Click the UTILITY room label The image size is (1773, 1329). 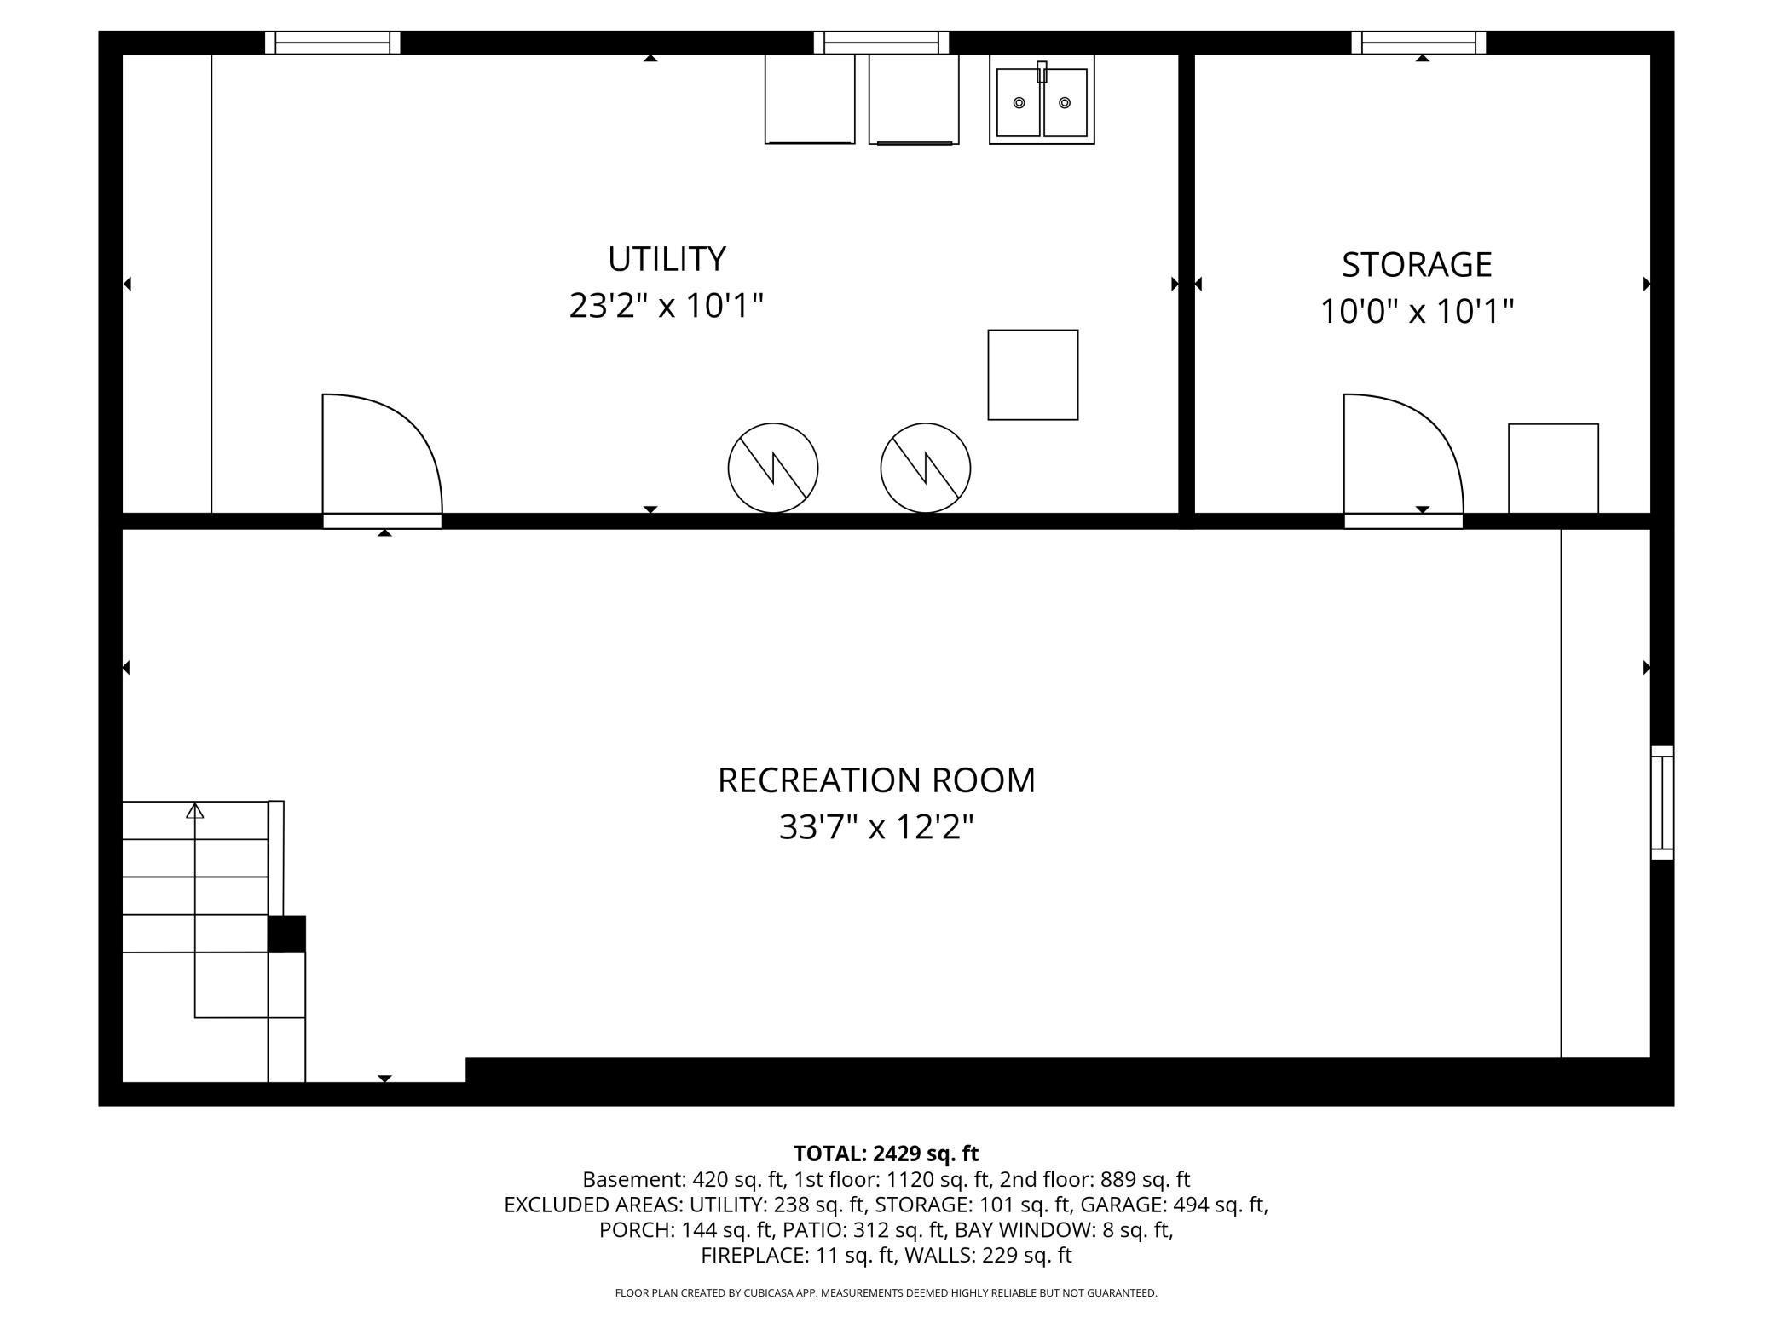click(x=667, y=258)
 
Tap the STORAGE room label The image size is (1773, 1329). click(x=1417, y=265)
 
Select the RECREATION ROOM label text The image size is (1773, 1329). click(x=876, y=780)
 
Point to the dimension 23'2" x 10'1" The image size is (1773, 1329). click(x=667, y=306)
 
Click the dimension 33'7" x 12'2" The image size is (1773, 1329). click(x=876, y=827)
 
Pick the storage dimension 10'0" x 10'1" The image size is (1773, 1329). click(x=1417, y=312)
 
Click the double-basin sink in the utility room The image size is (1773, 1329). click(x=1042, y=101)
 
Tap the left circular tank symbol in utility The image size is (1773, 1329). click(x=773, y=468)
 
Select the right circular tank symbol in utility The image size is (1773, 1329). click(x=926, y=468)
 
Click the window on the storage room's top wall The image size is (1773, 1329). click(x=1418, y=43)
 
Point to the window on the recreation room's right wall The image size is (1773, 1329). click(x=1662, y=803)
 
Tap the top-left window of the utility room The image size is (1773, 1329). click(x=332, y=43)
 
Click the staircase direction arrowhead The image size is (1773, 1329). click(x=195, y=811)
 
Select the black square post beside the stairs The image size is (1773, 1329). click(x=286, y=934)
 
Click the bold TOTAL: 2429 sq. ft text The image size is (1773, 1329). click(x=886, y=1154)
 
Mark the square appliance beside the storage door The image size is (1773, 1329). click(x=1553, y=469)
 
